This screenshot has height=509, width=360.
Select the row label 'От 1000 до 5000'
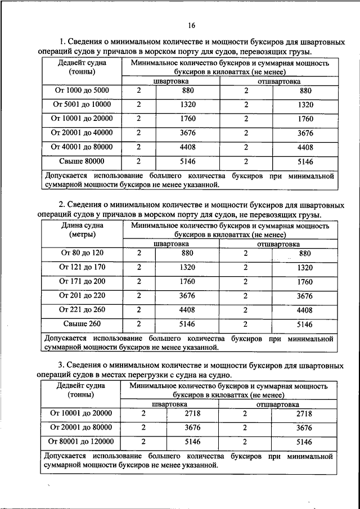point(82,91)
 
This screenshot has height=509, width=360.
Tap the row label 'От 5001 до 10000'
point(82,105)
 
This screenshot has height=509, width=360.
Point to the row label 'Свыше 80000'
point(82,161)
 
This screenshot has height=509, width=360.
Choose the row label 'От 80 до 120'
point(82,253)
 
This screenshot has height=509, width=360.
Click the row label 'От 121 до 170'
point(82,267)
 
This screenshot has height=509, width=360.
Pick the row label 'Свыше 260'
point(82,324)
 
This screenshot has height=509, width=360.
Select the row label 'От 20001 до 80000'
point(82,427)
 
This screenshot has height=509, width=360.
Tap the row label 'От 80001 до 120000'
point(82,442)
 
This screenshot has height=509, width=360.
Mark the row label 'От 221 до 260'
point(82,310)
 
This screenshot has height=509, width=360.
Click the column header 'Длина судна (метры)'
point(82,231)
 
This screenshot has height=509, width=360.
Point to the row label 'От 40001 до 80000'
point(82,147)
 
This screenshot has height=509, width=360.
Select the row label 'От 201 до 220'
point(82,296)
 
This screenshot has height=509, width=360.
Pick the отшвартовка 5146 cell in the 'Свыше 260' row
point(304,324)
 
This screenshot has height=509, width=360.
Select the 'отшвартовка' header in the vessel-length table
point(278,245)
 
